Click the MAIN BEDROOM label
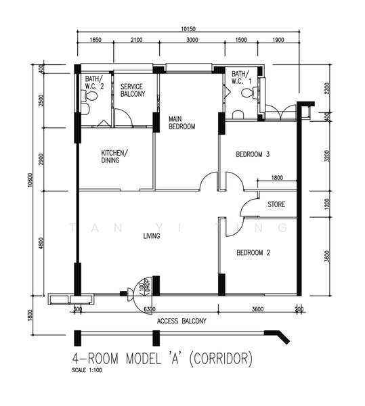click(182, 122)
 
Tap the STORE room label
click(276, 204)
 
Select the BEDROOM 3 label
click(253, 154)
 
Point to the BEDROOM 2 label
click(253, 252)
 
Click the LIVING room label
click(152, 236)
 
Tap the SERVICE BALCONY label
click(133, 90)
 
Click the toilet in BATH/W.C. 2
click(89, 96)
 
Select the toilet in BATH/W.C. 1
click(249, 93)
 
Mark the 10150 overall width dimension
click(188, 29)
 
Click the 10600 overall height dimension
click(30, 180)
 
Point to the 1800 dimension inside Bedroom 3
click(277, 177)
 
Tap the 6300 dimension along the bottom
click(150, 309)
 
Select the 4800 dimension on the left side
click(41, 244)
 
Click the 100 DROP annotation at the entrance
click(145, 287)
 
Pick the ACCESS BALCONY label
click(181, 321)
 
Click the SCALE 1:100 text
click(87, 370)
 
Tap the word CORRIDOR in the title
click(221, 359)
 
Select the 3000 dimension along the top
click(192, 40)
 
